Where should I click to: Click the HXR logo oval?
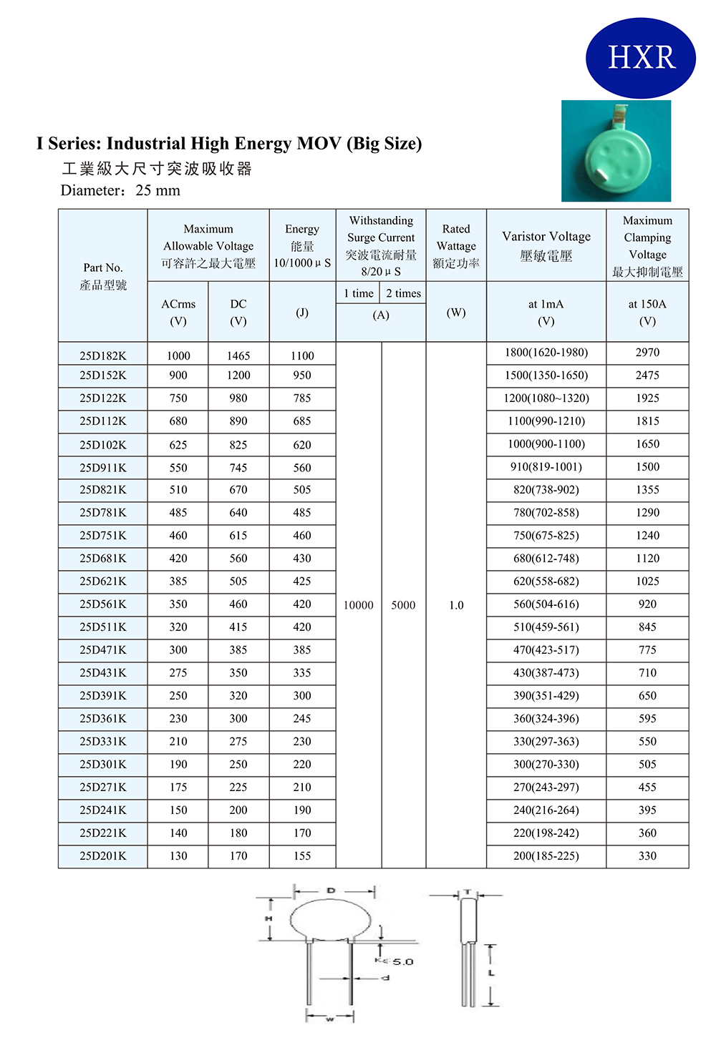pos(641,58)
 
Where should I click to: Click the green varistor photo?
pos(616,152)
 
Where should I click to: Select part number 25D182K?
pos(103,355)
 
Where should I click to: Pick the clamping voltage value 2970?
pos(647,353)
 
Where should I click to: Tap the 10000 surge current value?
pos(358,605)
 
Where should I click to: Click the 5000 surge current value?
pos(403,605)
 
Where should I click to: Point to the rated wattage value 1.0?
pos(456,605)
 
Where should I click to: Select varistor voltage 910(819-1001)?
pos(546,467)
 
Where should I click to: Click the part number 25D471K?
pos(103,650)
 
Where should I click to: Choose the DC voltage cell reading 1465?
pos(238,355)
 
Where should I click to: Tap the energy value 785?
pos(302,398)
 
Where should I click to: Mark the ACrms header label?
pos(178,305)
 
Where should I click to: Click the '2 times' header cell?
pos(403,293)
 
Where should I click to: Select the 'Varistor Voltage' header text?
pos(546,237)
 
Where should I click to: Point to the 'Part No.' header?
pos(103,268)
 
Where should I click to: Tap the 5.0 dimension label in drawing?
pos(403,961)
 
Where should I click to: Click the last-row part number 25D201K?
pos(103,856)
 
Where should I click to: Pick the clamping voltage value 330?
pos(647,856)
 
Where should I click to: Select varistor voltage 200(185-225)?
pos(546,856)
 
